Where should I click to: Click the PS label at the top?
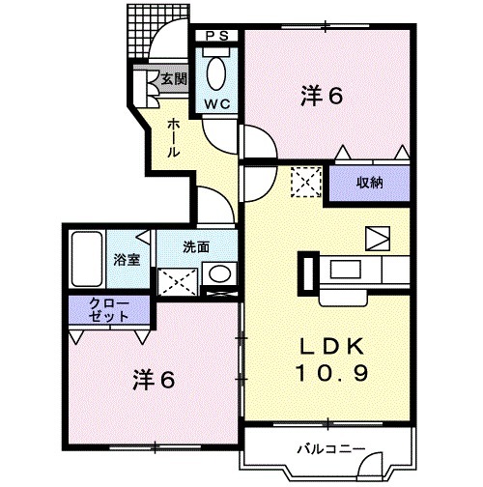216,36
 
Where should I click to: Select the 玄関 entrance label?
174,80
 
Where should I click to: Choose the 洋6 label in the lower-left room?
155,381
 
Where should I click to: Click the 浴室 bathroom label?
127,259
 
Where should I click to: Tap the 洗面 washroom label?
197,245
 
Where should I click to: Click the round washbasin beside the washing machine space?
221,273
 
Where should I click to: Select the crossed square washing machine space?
180,280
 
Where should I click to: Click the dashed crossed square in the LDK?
304,180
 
